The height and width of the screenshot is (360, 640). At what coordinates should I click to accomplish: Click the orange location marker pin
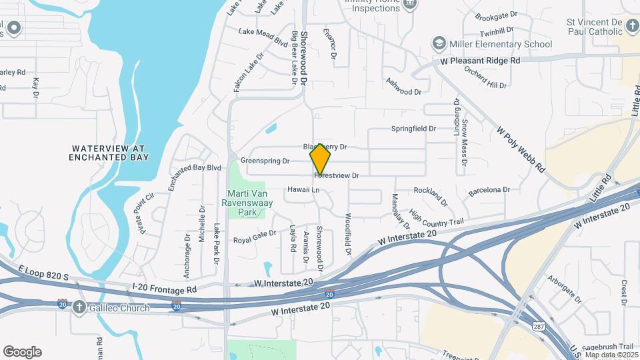coord(321,160)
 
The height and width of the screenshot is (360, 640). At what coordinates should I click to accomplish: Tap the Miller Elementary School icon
coord(439,44)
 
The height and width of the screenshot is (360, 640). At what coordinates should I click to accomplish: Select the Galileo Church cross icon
coord(79,307)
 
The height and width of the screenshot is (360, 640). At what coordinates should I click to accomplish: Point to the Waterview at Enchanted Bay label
coord(109,153)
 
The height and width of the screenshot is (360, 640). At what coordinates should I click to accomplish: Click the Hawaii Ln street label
coord(304,190)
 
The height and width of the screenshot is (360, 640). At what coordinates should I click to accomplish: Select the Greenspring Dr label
coord(265,161)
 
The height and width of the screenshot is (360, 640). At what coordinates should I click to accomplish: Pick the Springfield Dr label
coord(413,129)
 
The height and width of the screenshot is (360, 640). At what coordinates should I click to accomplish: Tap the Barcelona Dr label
coord(489,190)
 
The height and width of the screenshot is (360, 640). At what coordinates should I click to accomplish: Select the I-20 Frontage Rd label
coord(165,289)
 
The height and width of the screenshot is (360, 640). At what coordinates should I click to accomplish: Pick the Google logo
coord(22,352)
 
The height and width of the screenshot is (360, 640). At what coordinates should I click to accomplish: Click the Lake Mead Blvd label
coord(263,36)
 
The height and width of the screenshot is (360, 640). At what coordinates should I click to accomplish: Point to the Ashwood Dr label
coord(403,87)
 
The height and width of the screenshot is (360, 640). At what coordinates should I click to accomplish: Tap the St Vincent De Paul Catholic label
coord(603,26)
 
